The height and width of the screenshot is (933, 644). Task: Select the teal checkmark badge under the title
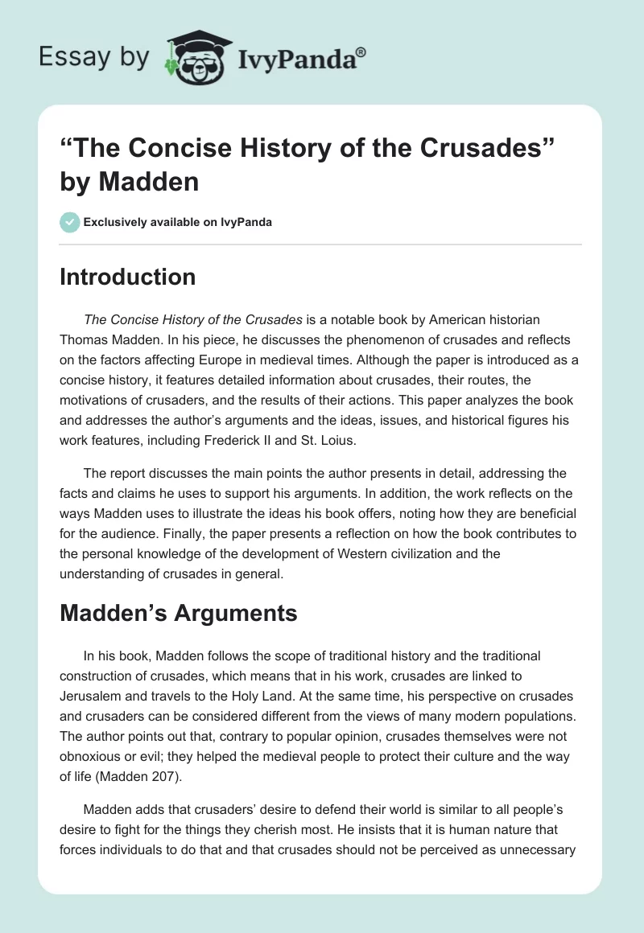point(70,222)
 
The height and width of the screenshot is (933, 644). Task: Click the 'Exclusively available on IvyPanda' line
point(178,222)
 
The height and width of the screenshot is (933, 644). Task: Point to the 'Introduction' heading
point(127,277)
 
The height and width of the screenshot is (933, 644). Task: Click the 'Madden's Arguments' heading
point(179,613)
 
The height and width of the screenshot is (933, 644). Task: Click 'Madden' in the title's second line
point(149,182)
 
